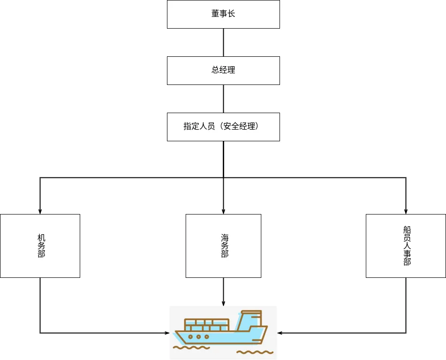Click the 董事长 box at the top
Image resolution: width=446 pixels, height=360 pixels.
pos(223,14)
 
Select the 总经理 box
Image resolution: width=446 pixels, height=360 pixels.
pos(223,70)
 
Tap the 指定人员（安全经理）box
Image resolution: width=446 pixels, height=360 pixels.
pos(223,127)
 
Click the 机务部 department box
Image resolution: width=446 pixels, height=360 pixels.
pos(40,245)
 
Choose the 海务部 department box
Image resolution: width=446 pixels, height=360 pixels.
pos(223,245)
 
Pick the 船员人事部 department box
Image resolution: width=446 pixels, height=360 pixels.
pos(406,245)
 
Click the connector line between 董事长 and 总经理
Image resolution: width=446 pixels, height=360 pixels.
pos(223,42)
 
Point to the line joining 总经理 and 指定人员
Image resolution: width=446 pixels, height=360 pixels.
pos(223,99)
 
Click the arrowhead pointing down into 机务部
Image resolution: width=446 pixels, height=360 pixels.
pos(40,211)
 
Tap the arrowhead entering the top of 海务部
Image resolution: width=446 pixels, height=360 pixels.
pos(223,211)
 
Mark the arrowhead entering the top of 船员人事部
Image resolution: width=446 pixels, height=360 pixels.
pos(406,211)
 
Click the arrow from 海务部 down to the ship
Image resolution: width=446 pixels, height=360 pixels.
pos(223,291)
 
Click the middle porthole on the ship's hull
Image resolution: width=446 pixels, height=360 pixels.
pos(198,337)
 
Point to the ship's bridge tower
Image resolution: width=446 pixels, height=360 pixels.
pos(250,319)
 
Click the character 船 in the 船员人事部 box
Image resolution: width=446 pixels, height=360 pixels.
pos(407,230)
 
